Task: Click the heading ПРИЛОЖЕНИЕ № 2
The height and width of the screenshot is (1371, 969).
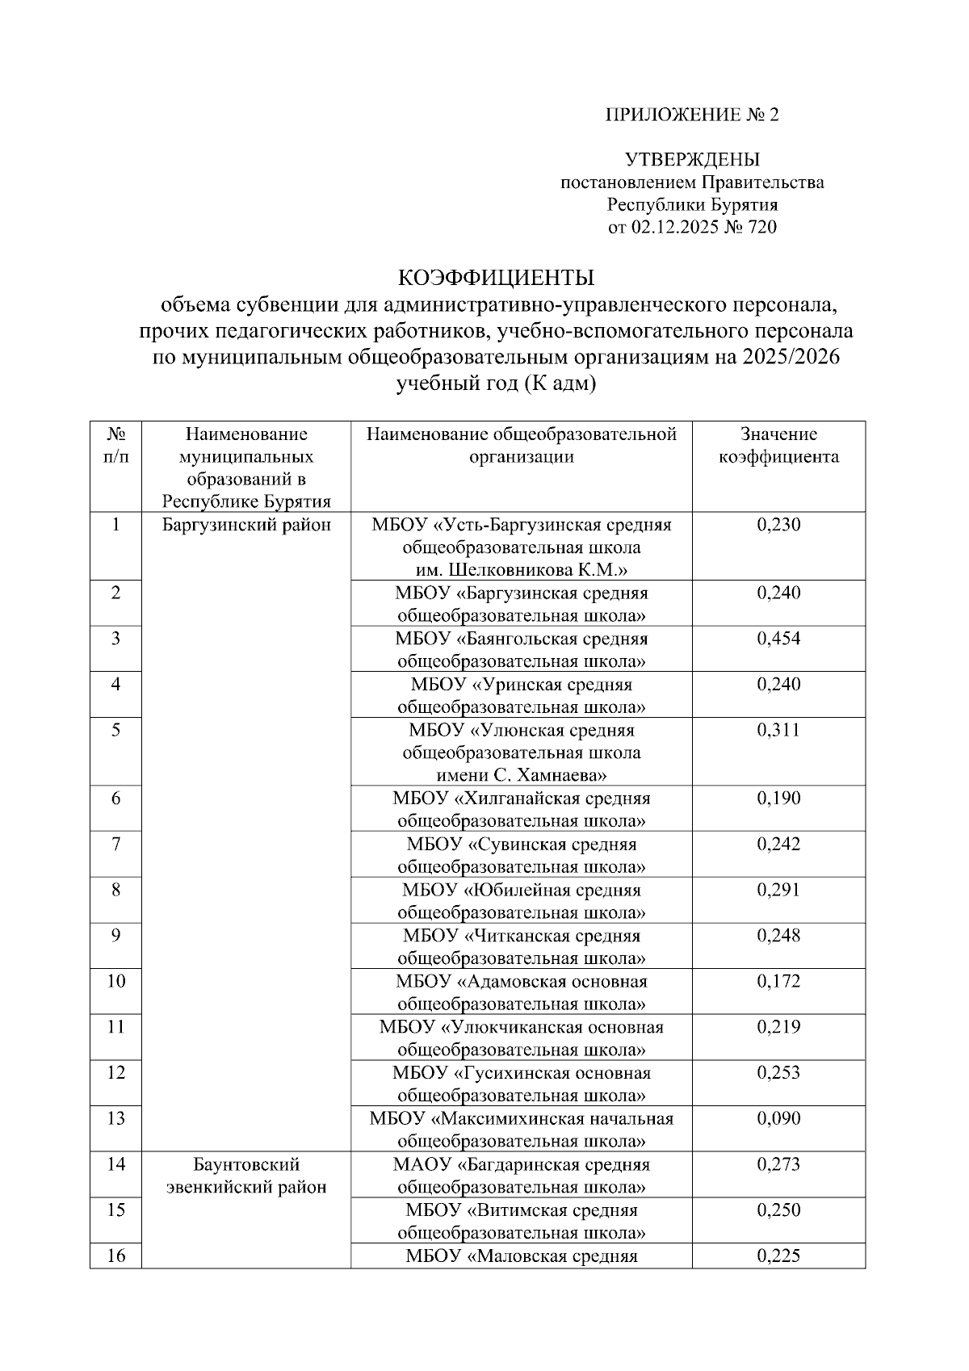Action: pos(692,115)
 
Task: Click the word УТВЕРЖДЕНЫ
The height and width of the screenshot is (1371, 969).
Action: pos(692,160)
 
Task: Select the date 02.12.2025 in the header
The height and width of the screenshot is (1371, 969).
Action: pos(670,228)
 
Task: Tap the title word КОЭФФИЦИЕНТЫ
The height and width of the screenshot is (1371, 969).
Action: pos(496,278)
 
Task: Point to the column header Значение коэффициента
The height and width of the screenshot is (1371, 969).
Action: pos(778,446)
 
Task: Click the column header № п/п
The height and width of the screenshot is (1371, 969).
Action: pos(115,446)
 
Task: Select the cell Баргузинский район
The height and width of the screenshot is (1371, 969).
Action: pos(246,526)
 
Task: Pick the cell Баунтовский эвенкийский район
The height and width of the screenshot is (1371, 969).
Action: pos(246,1176)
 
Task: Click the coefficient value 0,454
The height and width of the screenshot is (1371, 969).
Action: pos(778,639)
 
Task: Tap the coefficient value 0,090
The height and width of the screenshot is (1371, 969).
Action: pos(778,1118)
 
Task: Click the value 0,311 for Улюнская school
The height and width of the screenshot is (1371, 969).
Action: pos(778,730)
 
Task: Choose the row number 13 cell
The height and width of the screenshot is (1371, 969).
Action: pos(115,1118)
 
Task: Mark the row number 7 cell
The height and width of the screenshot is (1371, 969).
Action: pos(115,845)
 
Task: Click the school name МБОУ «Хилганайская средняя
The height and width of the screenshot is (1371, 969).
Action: pos(522,799)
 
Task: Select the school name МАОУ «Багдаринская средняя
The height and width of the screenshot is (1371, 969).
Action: pos(522,1164)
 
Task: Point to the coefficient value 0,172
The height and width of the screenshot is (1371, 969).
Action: pos(778,981)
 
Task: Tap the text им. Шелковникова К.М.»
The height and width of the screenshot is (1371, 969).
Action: pos(522,571)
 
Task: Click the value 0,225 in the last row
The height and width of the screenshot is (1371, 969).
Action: pos(778,1256)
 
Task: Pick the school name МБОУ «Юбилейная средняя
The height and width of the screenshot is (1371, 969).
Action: pos(522,890)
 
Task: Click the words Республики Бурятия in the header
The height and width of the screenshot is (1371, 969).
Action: pos(692,205)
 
